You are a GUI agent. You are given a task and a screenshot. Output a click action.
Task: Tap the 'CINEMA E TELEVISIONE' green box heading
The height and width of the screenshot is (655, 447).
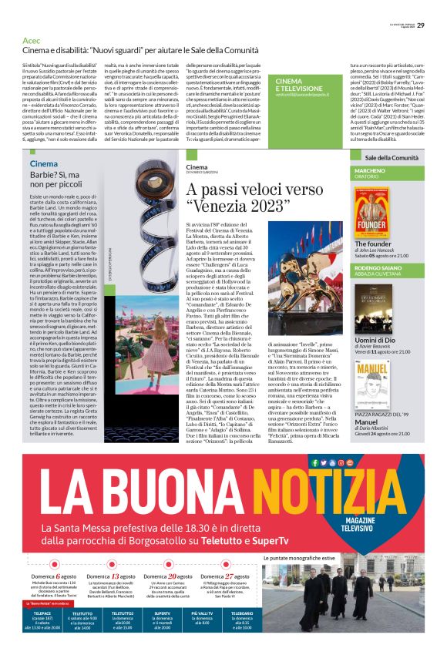(300, 85)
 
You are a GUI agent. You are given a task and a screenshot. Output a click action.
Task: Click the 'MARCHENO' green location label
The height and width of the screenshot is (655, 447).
(370, 170)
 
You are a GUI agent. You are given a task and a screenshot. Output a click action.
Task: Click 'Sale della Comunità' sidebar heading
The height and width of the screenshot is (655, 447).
(392, 157)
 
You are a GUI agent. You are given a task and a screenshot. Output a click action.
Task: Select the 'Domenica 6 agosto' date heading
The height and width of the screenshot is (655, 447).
(55, 576)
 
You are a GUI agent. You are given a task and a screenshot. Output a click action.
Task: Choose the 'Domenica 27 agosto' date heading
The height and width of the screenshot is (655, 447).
(224, 576)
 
